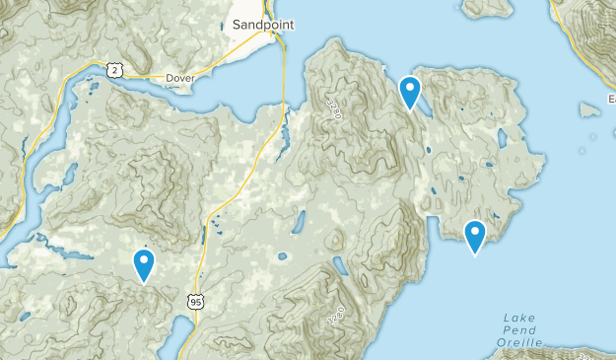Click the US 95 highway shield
[196, 300]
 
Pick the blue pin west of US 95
[145, 265]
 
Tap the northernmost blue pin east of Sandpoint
[410, 93]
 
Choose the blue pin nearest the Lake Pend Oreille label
[475, 237]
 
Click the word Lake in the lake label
[519, 317]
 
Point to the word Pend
[519, 329]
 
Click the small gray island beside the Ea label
[590, 109]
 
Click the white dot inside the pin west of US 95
[145, 260]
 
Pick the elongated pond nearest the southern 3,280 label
[341, 266]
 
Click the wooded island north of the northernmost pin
[489, 8]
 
